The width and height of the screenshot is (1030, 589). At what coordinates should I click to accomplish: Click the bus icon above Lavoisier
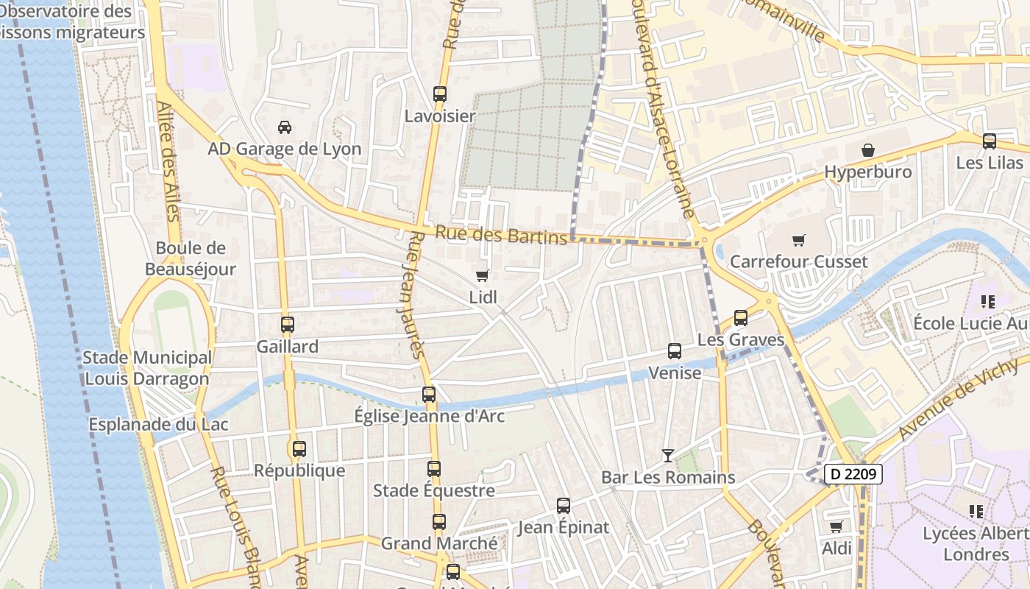click(440, 94)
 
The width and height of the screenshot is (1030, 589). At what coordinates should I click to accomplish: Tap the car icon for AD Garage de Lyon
click(285, 127)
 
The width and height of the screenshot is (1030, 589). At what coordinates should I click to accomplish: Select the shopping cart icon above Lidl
click(483, 275)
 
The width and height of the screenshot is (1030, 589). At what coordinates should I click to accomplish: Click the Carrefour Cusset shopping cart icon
click(799, 240)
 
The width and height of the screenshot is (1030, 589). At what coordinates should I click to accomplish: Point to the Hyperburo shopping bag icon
click(868, 150)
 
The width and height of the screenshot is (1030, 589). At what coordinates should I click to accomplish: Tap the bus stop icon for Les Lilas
click(990, 141)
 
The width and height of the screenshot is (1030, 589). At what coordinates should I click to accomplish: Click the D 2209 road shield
click(852, 474)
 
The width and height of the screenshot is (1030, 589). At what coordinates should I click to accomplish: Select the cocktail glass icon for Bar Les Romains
click(667, 456)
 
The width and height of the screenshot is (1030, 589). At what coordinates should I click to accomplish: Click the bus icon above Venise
click(675, 351)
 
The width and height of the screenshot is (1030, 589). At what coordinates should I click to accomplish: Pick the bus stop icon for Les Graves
click(741, 318)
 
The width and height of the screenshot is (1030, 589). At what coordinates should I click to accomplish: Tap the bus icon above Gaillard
click(288, 324)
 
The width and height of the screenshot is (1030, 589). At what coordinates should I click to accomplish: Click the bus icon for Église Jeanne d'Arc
click(429, 394)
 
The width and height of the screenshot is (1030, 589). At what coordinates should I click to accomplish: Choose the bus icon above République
click(299, 448)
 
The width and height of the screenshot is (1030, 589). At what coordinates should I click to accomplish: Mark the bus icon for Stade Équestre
click(434, 468)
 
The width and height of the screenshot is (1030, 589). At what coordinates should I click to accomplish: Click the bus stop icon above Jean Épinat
click(564, 505)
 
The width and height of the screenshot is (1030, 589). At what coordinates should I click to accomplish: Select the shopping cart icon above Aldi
click(836, 526)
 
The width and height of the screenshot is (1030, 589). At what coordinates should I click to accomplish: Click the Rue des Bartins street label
click(502, 235)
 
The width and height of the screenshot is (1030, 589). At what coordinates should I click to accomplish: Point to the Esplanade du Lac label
click(158, 425)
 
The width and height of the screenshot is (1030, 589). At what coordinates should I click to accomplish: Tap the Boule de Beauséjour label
click(191, 258)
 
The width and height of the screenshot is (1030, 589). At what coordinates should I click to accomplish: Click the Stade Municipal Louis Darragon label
click(147, 368)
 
